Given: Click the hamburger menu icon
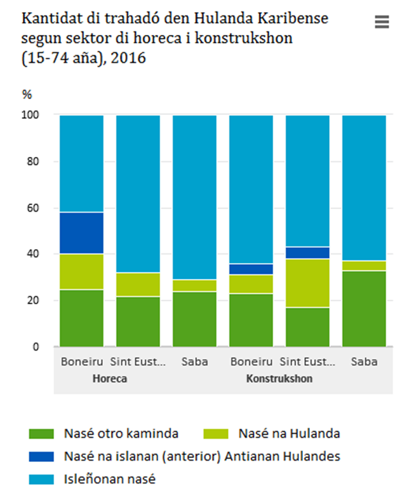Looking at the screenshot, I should tap(381, 22).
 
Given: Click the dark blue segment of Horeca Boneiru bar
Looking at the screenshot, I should tap(81, 233).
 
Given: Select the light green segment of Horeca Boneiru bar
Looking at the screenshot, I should tap(81, 272).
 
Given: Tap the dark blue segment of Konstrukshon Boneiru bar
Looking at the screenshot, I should tap(251, 269).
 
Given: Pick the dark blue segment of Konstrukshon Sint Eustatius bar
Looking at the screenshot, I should tap(307, 253).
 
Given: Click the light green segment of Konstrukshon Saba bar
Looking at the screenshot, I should tap(364, 266).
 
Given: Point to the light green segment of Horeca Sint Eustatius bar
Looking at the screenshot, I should tap(138, 285).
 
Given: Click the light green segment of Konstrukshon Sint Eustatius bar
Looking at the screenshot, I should tap(307, 283).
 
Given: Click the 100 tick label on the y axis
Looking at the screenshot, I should tap(30, 115).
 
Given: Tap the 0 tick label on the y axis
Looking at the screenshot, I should tap(36, 347).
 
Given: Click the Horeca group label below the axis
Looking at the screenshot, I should tap(110, 379).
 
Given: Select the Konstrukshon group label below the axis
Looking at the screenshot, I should tap(279, 379).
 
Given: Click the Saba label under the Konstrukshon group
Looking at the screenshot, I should tap(364, 362).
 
